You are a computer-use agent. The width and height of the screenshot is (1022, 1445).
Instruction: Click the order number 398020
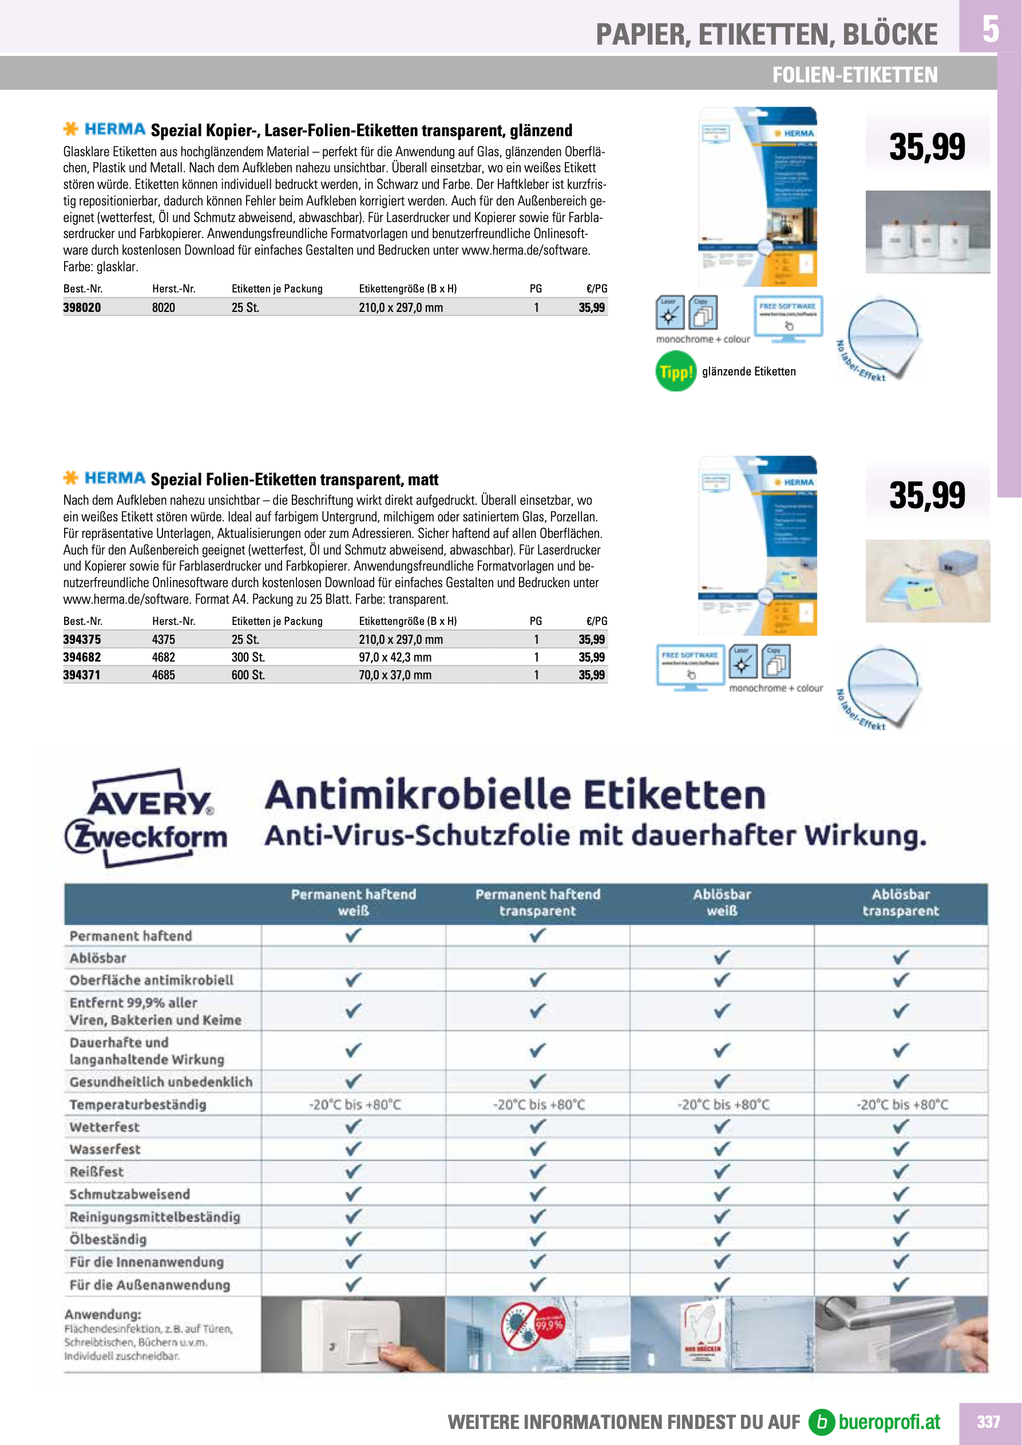click(x=82, y=308)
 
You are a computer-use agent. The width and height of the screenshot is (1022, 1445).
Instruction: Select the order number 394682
click(x=82, y=657)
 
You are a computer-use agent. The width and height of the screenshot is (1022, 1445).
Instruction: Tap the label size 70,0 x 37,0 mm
click(x=395, y=675)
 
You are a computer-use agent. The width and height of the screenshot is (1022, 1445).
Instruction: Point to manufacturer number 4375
click(x=164, y=639)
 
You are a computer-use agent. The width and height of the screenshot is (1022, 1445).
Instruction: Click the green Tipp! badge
click(x=675, y=372)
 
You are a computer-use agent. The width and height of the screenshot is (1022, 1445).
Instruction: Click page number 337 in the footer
click(x=988, y=1422)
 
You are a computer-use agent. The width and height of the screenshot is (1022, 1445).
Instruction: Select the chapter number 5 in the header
click(x=990, y=28)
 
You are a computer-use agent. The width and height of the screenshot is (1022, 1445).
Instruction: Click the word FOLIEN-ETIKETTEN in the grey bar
click(x=854, y=75)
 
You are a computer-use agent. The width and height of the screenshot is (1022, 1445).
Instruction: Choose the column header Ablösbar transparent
click(x=900, y=902)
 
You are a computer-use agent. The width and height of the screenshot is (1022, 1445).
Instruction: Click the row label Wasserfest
click(x=105, y=1149)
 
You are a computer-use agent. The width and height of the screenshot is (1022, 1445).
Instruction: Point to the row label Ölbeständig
click(x=108, y=1239)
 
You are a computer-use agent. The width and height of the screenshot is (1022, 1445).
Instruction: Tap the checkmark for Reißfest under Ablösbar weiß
click(x=722, y=1171)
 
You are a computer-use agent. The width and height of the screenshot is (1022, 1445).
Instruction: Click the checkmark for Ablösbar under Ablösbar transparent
click(x=901, y=957)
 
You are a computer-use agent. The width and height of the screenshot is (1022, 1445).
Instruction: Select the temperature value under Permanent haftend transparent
click(x=538, y=1104)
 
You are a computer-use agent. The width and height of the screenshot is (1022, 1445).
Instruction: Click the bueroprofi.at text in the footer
click(x=889, y=1422)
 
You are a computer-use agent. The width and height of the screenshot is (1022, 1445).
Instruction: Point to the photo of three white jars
click(x=927, y=232)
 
